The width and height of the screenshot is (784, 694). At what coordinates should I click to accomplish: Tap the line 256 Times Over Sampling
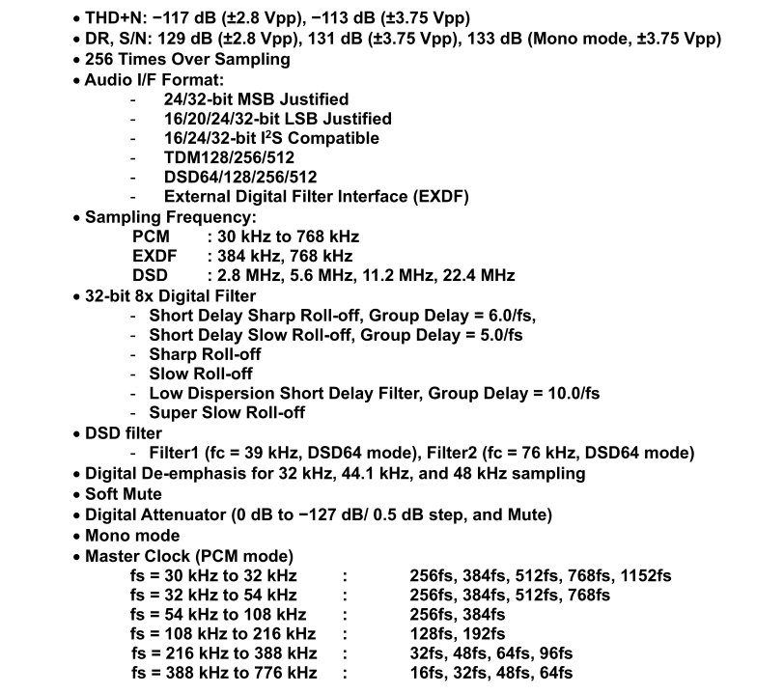(x=187, y=59)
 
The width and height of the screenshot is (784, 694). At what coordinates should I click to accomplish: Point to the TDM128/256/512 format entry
(x=230, y=157)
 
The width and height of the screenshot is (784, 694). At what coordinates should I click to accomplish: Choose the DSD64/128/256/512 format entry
(x=240, y=177)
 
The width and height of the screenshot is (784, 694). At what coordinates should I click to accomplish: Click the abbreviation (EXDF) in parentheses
(x=436, y=196)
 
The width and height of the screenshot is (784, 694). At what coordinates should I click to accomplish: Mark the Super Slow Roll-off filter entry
(x=227, y=413)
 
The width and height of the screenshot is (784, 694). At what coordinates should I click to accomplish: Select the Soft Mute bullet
(x=124, y=494)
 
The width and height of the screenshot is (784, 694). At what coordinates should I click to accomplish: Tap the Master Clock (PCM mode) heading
(x=189, y=556)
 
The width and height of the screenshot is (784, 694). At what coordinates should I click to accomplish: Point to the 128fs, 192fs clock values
(x=458, y=634)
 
